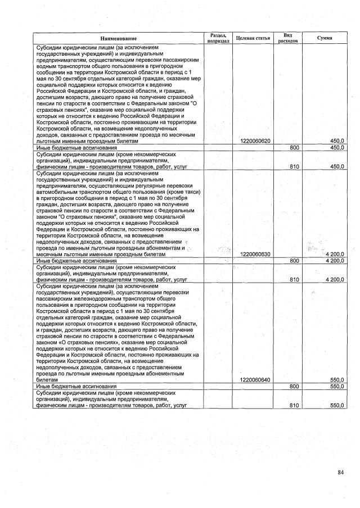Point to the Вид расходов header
[x=287, y=38]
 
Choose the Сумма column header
[x=325, y=38]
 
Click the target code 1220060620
[x=254, y=141]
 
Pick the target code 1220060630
[x=254, y=255]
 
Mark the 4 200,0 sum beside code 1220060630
[x=334, y=255]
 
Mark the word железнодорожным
[x=89, y=298]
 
